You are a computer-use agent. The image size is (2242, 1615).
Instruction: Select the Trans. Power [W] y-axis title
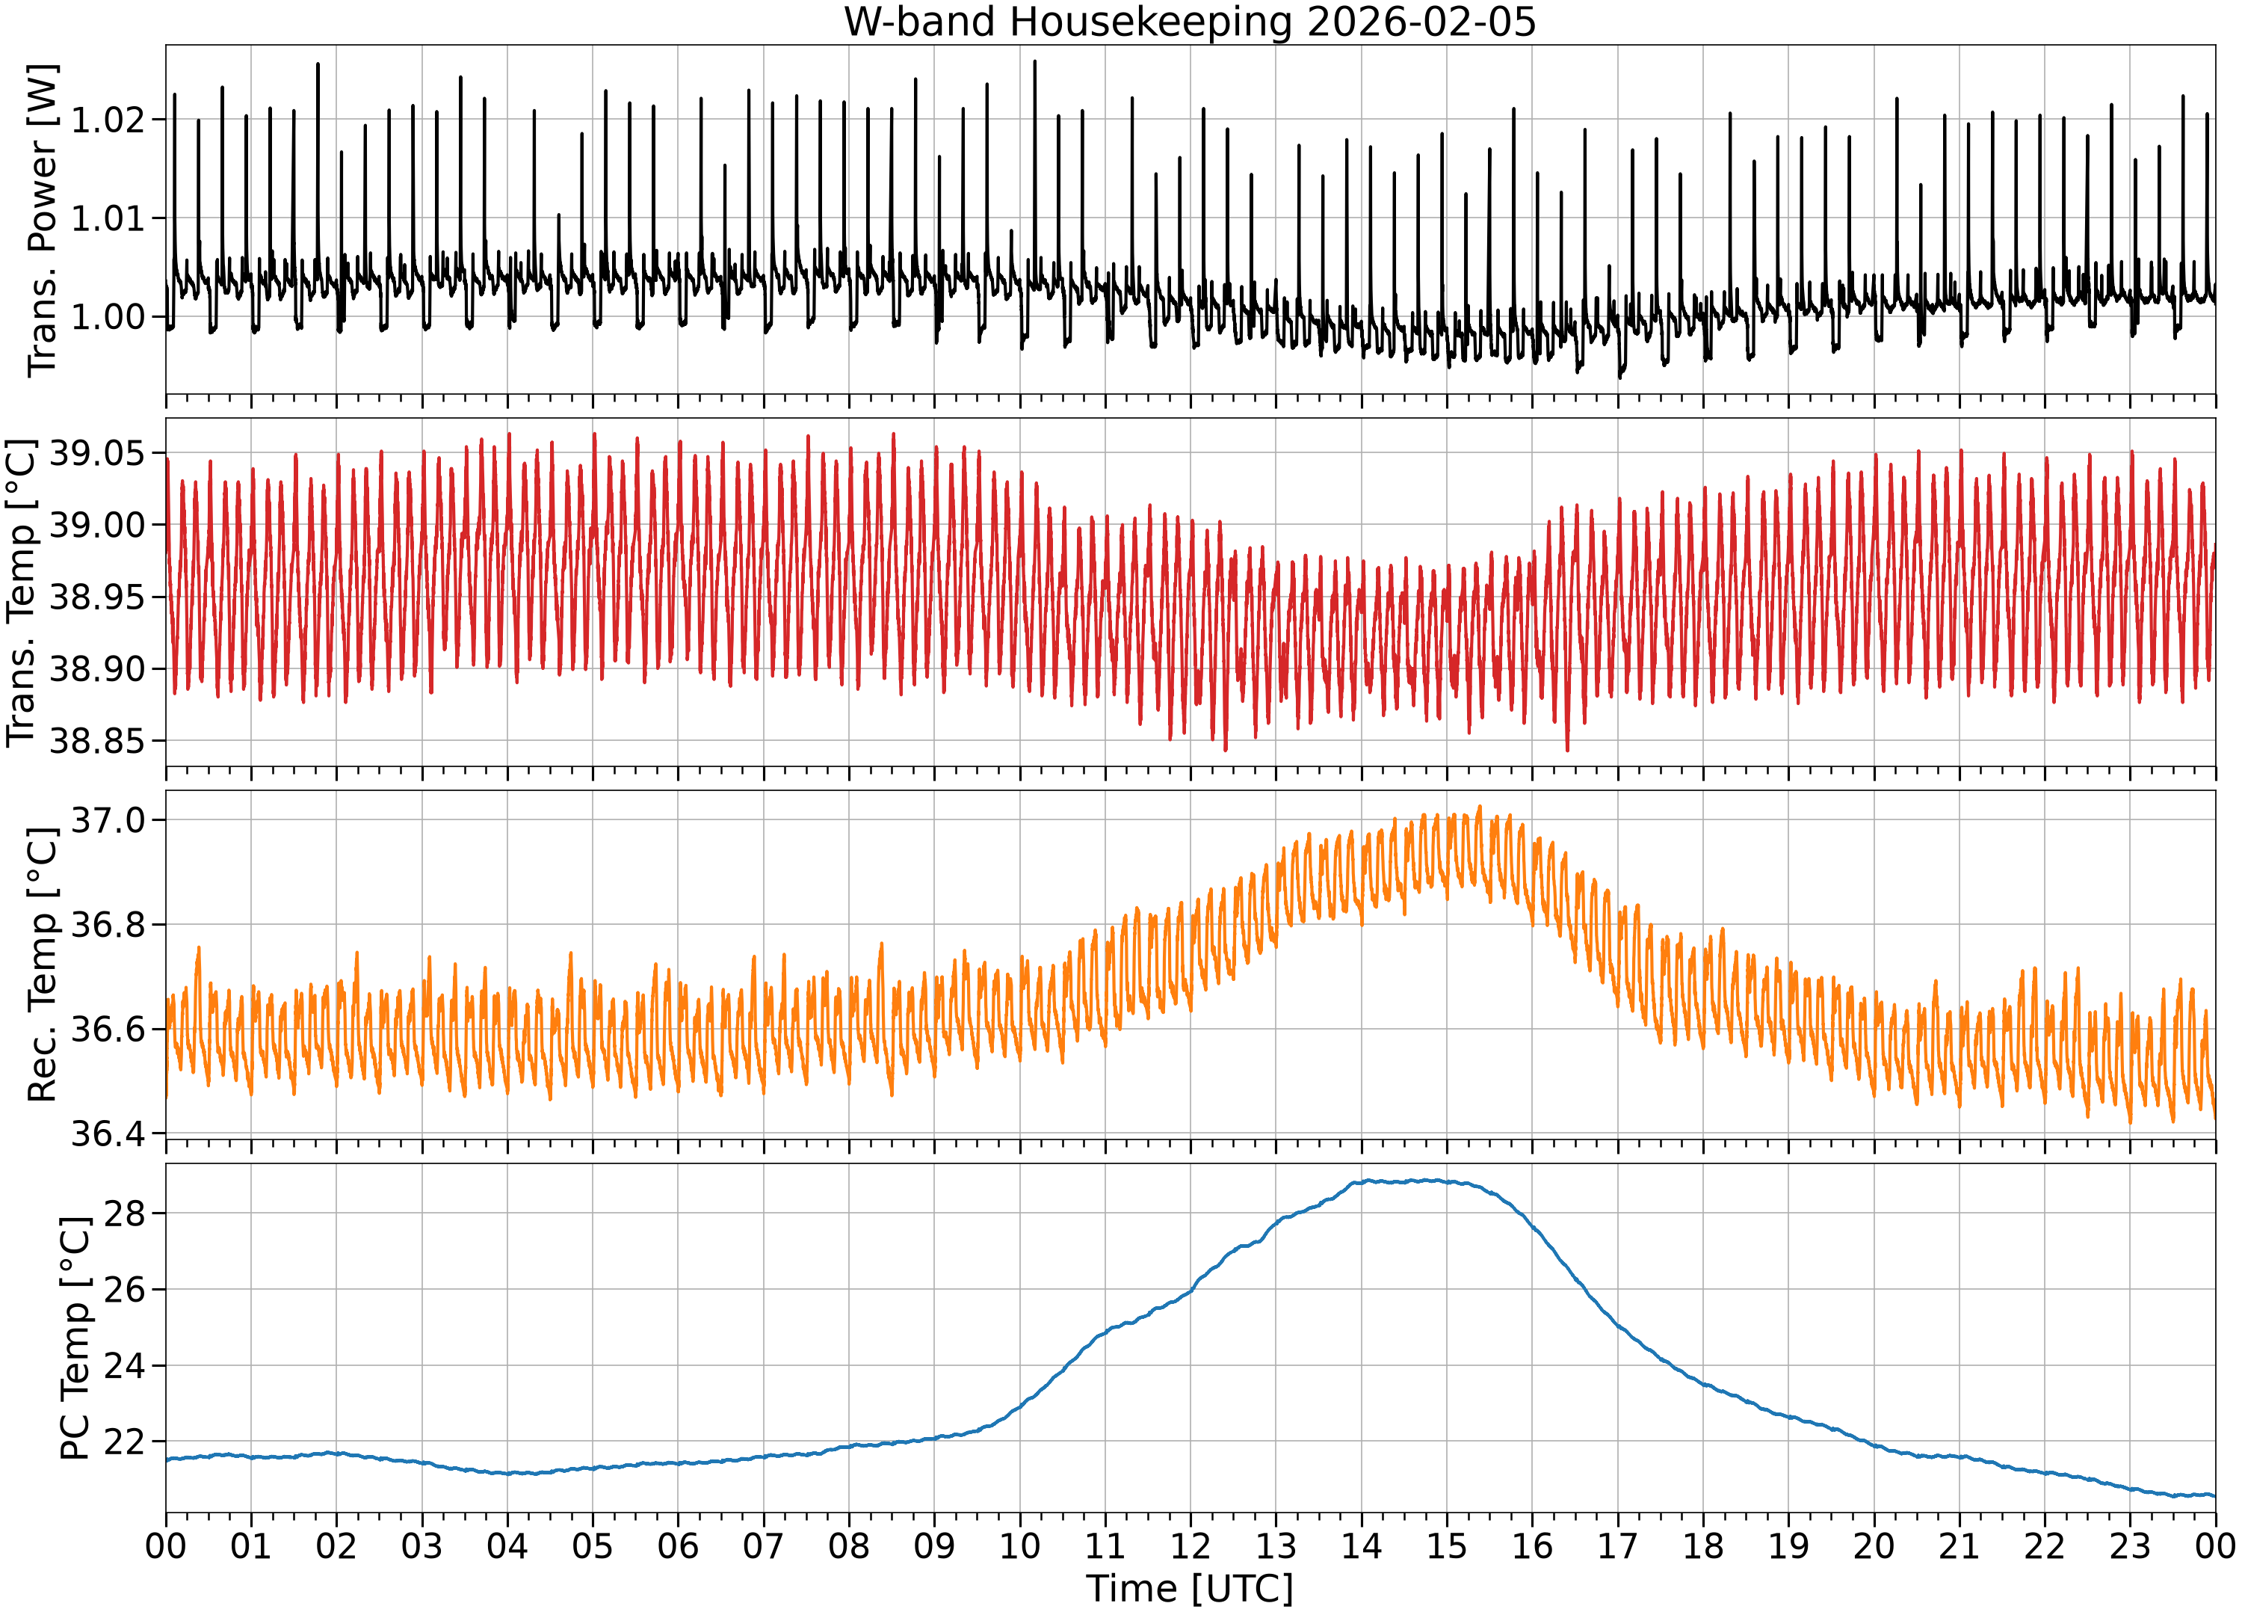click(x=43, y=220)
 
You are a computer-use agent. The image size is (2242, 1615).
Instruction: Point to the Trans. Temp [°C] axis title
click(x=22, y=592)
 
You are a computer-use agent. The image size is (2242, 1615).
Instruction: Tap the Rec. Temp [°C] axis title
click(x=43, y=965)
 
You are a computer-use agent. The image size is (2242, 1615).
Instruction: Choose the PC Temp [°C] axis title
click(x=75, y=1338)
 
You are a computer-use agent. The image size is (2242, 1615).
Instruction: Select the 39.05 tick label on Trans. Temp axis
click(x=97, y=454)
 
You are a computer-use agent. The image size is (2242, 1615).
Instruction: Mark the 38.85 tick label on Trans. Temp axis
click(x=97, y=741)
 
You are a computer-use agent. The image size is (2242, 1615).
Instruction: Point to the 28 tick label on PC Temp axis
click(x=123, y=1213)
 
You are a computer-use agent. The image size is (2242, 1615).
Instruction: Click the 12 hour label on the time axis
click(x=1191, y=1545)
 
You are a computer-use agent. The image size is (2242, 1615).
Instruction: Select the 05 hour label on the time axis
click(x=592, y=1545)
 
